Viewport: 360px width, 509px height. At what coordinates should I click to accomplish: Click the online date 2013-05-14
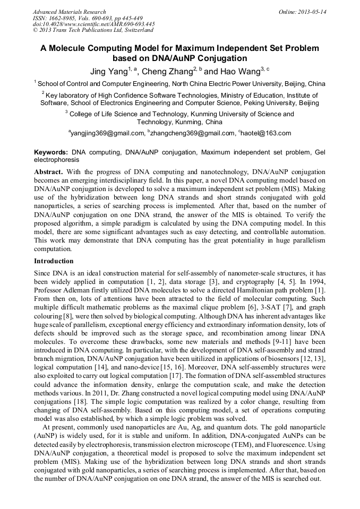click(312, 12)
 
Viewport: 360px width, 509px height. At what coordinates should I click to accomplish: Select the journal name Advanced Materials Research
click(69, 12)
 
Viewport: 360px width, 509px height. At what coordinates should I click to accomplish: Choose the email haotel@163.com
click(267, 133)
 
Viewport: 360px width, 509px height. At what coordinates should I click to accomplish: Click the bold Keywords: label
click(51, 152)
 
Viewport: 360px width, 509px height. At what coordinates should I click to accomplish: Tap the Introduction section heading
click(54, 261)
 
